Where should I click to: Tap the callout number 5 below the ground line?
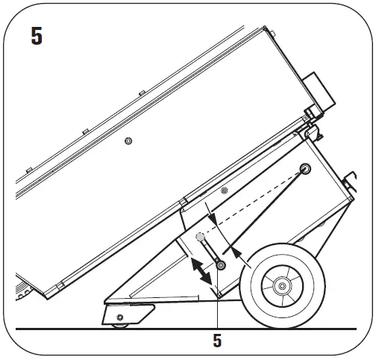click(217, 341)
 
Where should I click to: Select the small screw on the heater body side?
click(128, 141)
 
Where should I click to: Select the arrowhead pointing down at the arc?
click(212, 222)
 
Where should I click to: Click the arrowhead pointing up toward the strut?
click(237, 255)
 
